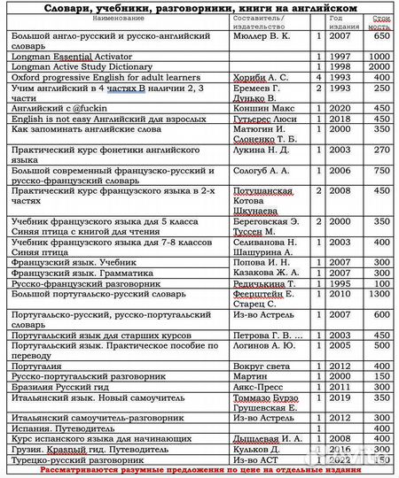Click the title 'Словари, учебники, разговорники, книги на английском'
[199, 7]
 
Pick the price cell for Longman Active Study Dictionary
[380, 66]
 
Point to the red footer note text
[199, 472]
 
